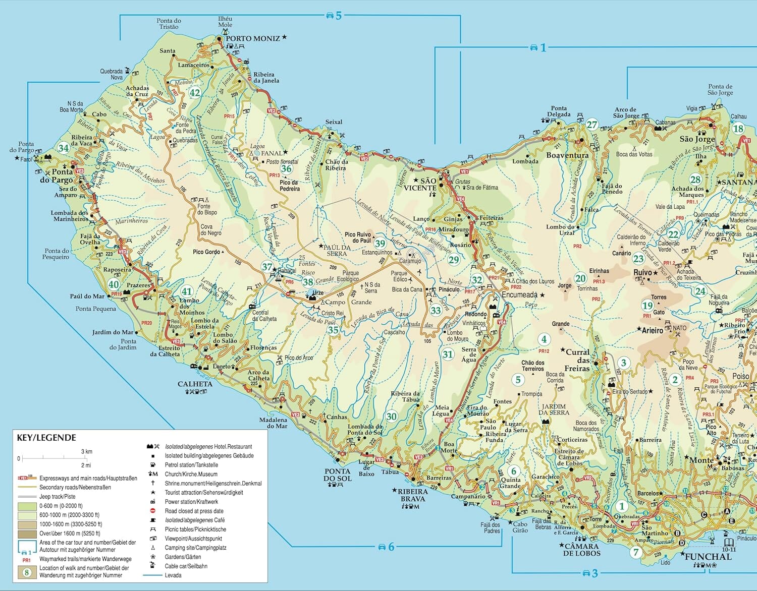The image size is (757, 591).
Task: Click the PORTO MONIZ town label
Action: pyautogui.click(x=252, y=38)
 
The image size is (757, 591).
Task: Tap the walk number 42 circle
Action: pyautogui.click(x=195, y=93)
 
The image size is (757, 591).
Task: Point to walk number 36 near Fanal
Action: pyautogui.click(x=286, y=169)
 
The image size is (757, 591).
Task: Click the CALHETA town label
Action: pyautogui.click(x=195, y=384)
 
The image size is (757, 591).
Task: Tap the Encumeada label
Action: pyautogui.click(x=519, y=294)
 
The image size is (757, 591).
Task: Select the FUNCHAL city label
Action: pyautogui.click(x=708, y=557)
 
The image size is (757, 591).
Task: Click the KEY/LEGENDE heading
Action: pyautogui.click(x=46, y=438)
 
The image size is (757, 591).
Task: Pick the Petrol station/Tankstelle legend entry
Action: pyautogui.click(x=191, y=465)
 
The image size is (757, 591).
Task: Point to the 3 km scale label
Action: pyautogui.click(x=87, y=451)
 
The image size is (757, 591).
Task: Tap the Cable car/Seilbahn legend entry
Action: pyautogui.click(x=186, y=566)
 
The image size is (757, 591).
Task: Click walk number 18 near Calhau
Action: pyautogui.click(x=738, y=128)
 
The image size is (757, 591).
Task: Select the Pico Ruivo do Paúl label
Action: pyautogui.click(x=358, y=238)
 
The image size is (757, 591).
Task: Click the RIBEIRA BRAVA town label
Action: pyautogui.click(x=413, y=495)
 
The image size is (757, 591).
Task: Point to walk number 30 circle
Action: pyautogui.click(x=392, y=417)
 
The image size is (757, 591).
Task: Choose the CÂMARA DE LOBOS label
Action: pyautogui.click(x=582, y=550)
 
